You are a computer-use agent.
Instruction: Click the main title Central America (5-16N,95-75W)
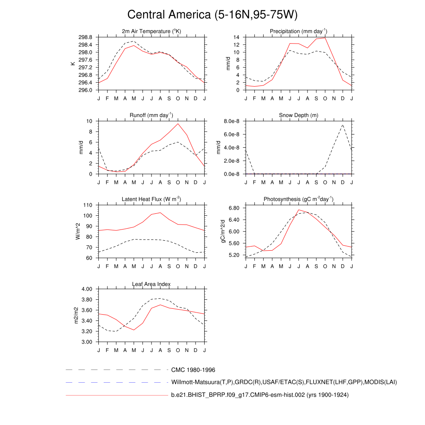click(x=212, y=15)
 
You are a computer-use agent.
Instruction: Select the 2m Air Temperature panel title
click(x=151, y=31)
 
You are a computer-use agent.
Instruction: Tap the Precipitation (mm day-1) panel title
click(x=298, y=31)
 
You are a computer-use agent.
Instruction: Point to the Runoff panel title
click(x=151, y=115)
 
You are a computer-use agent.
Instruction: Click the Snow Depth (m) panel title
click(x=298, y=115)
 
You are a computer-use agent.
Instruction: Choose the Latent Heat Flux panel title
click(x=151, y=199)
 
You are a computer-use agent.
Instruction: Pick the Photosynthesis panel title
click(x=298, y=199)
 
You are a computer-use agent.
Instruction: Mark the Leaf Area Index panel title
click(x=151, y=284)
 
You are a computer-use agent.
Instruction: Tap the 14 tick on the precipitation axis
click(x=236, y=37)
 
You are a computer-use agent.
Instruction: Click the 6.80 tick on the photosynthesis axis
click(x=233, y=208)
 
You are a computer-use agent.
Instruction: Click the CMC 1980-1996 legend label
click(x=193, y=370)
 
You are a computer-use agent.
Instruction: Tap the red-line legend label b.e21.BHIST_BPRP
click(x=260, y=395)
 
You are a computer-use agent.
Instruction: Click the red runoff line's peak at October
click(x=178, y=124)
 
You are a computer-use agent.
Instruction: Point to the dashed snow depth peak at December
click(x=343, y=125)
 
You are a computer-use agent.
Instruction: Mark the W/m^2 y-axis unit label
click(x=78, y=232)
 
